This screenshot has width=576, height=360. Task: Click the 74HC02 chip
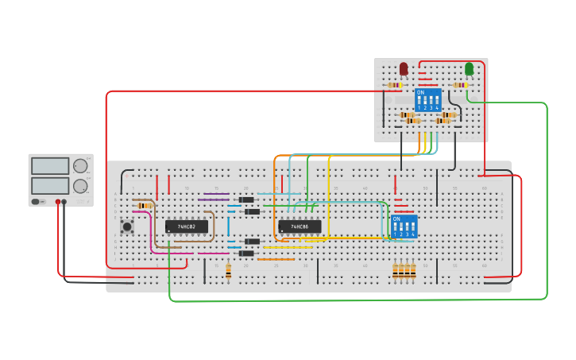click(x=186, y=226)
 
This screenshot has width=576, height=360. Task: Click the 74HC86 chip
click(x=300, y=226)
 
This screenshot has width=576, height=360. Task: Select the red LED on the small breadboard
click(x=404, y=69)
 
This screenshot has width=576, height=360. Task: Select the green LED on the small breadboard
click(x=469, y=69)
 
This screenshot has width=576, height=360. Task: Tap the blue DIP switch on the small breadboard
click(x=427, y=100)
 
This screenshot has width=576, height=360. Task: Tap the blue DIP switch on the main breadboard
click(x=404, y=226)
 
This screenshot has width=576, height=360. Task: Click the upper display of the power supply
click(x=50, y=166)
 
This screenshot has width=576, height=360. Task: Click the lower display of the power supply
click(x=50, y=185)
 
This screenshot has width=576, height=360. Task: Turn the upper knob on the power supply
click(x=80, y=166)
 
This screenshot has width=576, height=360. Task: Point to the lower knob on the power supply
click(x=80, y=186)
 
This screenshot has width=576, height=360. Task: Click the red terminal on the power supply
click(x=58, y=202)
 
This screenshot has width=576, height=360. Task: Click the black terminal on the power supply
click(x=64, y=202)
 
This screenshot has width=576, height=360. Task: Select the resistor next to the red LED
click(x=394, y=85)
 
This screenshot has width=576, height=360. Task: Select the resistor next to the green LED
click(x=459, y=85)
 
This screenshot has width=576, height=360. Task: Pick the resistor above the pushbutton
click(x=144, y=206)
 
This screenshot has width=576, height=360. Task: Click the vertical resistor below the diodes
click(x=228, y=272)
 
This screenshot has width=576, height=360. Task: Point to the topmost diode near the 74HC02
click(x=246, y=199)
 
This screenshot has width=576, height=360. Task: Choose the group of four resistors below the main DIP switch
click(x=404, y=271)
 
